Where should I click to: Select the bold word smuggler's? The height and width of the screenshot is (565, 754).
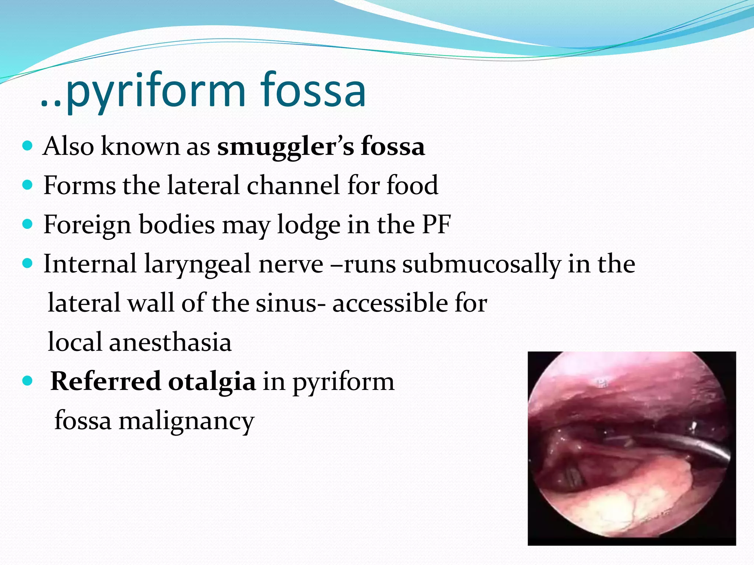point(285,147)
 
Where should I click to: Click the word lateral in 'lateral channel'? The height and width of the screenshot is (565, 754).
point(203,185)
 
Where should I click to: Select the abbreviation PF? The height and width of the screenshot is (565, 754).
point(436,224)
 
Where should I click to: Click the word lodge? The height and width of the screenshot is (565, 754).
point(308,225)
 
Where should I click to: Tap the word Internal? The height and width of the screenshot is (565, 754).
point(90,264)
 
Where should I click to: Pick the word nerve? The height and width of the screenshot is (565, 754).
point(291,264)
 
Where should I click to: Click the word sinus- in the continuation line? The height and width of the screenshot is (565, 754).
point(290,303)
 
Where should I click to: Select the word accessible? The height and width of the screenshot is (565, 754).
point(390,303)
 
